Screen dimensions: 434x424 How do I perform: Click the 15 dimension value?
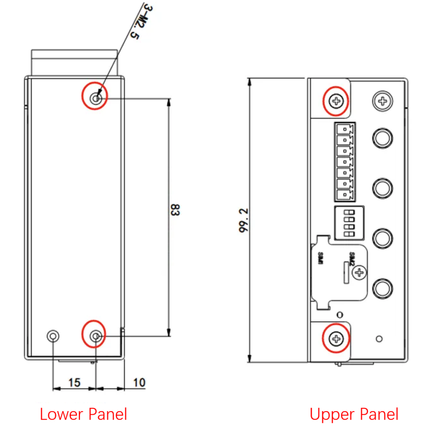click(74, 382)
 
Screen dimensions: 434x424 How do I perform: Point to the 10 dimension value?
click(139, 382)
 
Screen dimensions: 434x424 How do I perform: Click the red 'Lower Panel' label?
click(84, 414)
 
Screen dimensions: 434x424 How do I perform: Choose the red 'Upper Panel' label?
click(354, 414)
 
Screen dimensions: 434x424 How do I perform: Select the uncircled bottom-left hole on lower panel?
click(53, 336)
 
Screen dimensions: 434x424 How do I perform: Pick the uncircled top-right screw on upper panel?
click(383, 101)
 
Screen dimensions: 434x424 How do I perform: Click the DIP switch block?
click(344, 224)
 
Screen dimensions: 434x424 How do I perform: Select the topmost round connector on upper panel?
click(382, 138)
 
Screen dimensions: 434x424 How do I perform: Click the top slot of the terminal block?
click(345, 128)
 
